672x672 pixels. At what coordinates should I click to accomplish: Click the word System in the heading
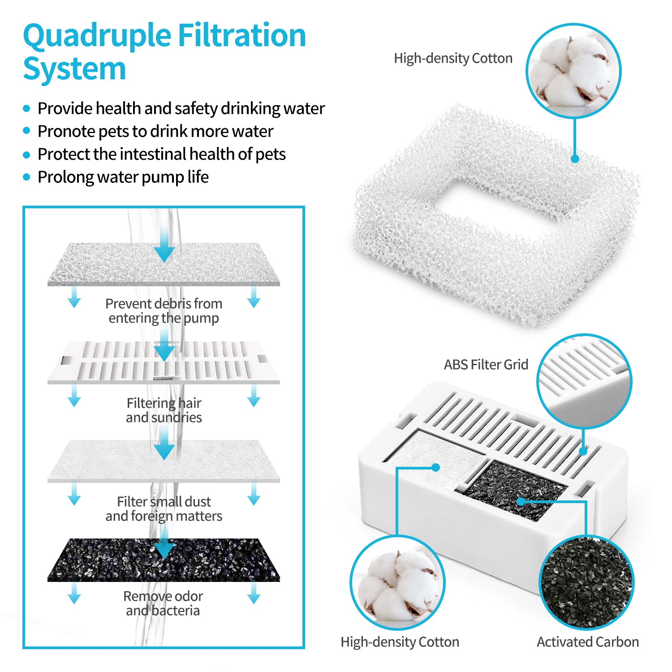pos(74,69)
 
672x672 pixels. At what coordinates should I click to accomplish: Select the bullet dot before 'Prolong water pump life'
pos(27,177)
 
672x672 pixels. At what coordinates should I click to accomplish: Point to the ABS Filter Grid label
pos(486,365)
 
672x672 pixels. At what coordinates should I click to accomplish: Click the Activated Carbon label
pos(587,642)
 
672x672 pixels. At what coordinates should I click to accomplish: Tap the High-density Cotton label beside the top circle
pos(453,59)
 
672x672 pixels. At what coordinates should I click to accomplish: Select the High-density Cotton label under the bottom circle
pos(400,642)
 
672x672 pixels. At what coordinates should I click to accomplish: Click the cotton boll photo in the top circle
pos(573,71)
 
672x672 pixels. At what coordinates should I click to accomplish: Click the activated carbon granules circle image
pos(586,582)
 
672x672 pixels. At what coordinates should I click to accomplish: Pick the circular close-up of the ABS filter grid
pos(584,381)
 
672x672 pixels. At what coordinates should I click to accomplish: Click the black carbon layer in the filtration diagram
pos(164,560)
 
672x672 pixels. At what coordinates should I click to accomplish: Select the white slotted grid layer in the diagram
pos(164,363)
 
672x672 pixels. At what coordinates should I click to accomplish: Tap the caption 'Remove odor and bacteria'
pos(163,603)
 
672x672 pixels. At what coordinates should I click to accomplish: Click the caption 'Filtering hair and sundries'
pos(164,410)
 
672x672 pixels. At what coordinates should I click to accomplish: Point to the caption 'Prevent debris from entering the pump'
pos(164,311)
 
